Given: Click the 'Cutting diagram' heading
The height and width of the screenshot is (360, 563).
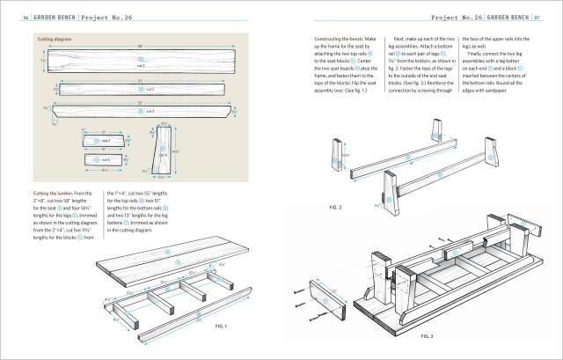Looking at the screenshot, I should pos(55,40).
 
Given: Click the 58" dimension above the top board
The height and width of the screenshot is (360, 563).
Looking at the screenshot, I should pos(138,46).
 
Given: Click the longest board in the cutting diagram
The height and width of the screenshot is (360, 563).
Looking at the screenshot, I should pos(139,64).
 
